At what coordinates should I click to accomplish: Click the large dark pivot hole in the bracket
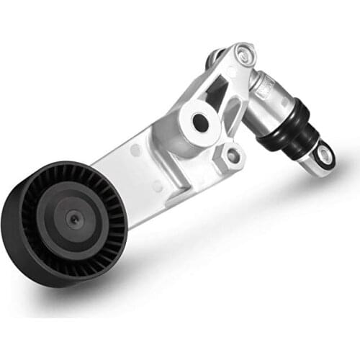pos(202,123)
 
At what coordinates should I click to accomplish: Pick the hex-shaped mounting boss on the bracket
pos(232,153)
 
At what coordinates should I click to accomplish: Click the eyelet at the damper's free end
pos(323,155)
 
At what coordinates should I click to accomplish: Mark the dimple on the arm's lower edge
pos(157,185)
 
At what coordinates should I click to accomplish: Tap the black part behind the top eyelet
pos(214,57)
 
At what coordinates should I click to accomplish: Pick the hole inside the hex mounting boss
pos(232,153)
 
